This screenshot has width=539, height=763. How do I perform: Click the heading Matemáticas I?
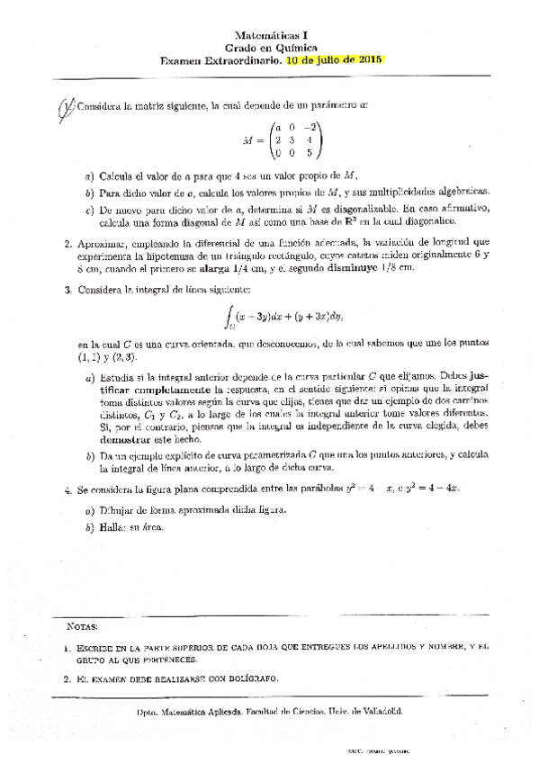(x=268, y=33)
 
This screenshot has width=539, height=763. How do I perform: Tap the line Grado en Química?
(x=268, y=47)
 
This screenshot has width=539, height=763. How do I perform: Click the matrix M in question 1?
(x=280, y=140)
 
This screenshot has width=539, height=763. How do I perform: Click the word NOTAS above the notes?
(x=85, y=624)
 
